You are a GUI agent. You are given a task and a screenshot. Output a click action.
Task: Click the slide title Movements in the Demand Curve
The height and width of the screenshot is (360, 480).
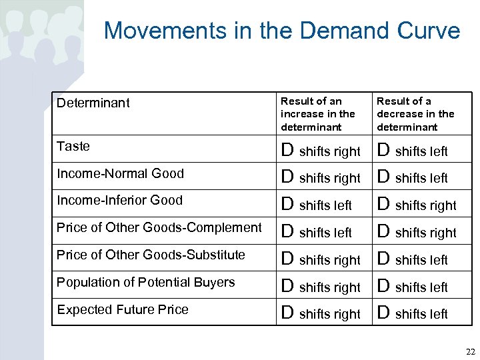pyautogui.click(x=282, y=31)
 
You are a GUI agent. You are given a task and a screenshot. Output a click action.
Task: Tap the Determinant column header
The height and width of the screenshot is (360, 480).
pyautogui.click(x=93, y=103)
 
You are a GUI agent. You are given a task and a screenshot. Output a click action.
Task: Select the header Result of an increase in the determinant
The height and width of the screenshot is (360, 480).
pyautogui.click(x=318, y=114)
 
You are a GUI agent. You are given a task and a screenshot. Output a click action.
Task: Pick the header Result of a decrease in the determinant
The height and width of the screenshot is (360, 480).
pyautogui.click(x=415, y=114)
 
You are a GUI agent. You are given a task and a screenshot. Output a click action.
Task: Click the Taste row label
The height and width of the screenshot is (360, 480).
pyautogui.click(x=73, y=146)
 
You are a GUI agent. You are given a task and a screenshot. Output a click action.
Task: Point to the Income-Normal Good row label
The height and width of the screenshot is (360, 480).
pyautogui.click(x=120, y=173)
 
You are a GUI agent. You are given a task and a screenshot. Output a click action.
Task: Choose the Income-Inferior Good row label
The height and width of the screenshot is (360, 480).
pyautogui.click(x=119, y=200)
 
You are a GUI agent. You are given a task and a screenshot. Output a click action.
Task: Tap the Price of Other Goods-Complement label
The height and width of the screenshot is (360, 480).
pyautogui.click(x=159, y=227)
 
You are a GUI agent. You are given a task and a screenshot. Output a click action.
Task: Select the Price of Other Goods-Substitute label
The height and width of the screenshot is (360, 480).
pyautogui.click(x=151, y=255)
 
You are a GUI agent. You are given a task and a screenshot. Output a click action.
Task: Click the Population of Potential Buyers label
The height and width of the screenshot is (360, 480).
pyautogui.click(x=145, y=282)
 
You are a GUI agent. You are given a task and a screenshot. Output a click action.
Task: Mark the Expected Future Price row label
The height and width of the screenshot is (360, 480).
pyautogui.click(x=123, y=309)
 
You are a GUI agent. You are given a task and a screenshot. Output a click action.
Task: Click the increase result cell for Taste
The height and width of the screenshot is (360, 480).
pyautogui.click(x=321, y=151)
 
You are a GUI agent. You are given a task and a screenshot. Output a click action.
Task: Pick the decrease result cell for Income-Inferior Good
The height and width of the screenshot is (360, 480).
pyautogui.click(x=417, y=205)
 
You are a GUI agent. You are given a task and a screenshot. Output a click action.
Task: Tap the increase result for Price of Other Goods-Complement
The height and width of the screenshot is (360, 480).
pyautogui.click(x=317, y=232)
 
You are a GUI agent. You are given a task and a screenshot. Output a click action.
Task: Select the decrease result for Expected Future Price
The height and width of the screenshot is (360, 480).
pyautogui.click(x=413, y=313)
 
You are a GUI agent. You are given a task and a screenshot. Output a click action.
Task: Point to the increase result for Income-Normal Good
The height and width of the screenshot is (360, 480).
pyautogui.click(x=321, y=178)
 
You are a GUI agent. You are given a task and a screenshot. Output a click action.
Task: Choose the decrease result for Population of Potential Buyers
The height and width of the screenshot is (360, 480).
pyautogui.click(x=413, y=287)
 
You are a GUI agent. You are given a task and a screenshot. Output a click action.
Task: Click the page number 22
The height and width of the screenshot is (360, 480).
pyautogui.click(x=470, y=351)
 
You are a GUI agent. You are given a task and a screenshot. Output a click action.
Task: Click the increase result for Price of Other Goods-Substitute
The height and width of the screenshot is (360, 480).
pyautogui.click(x=321, y=259)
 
